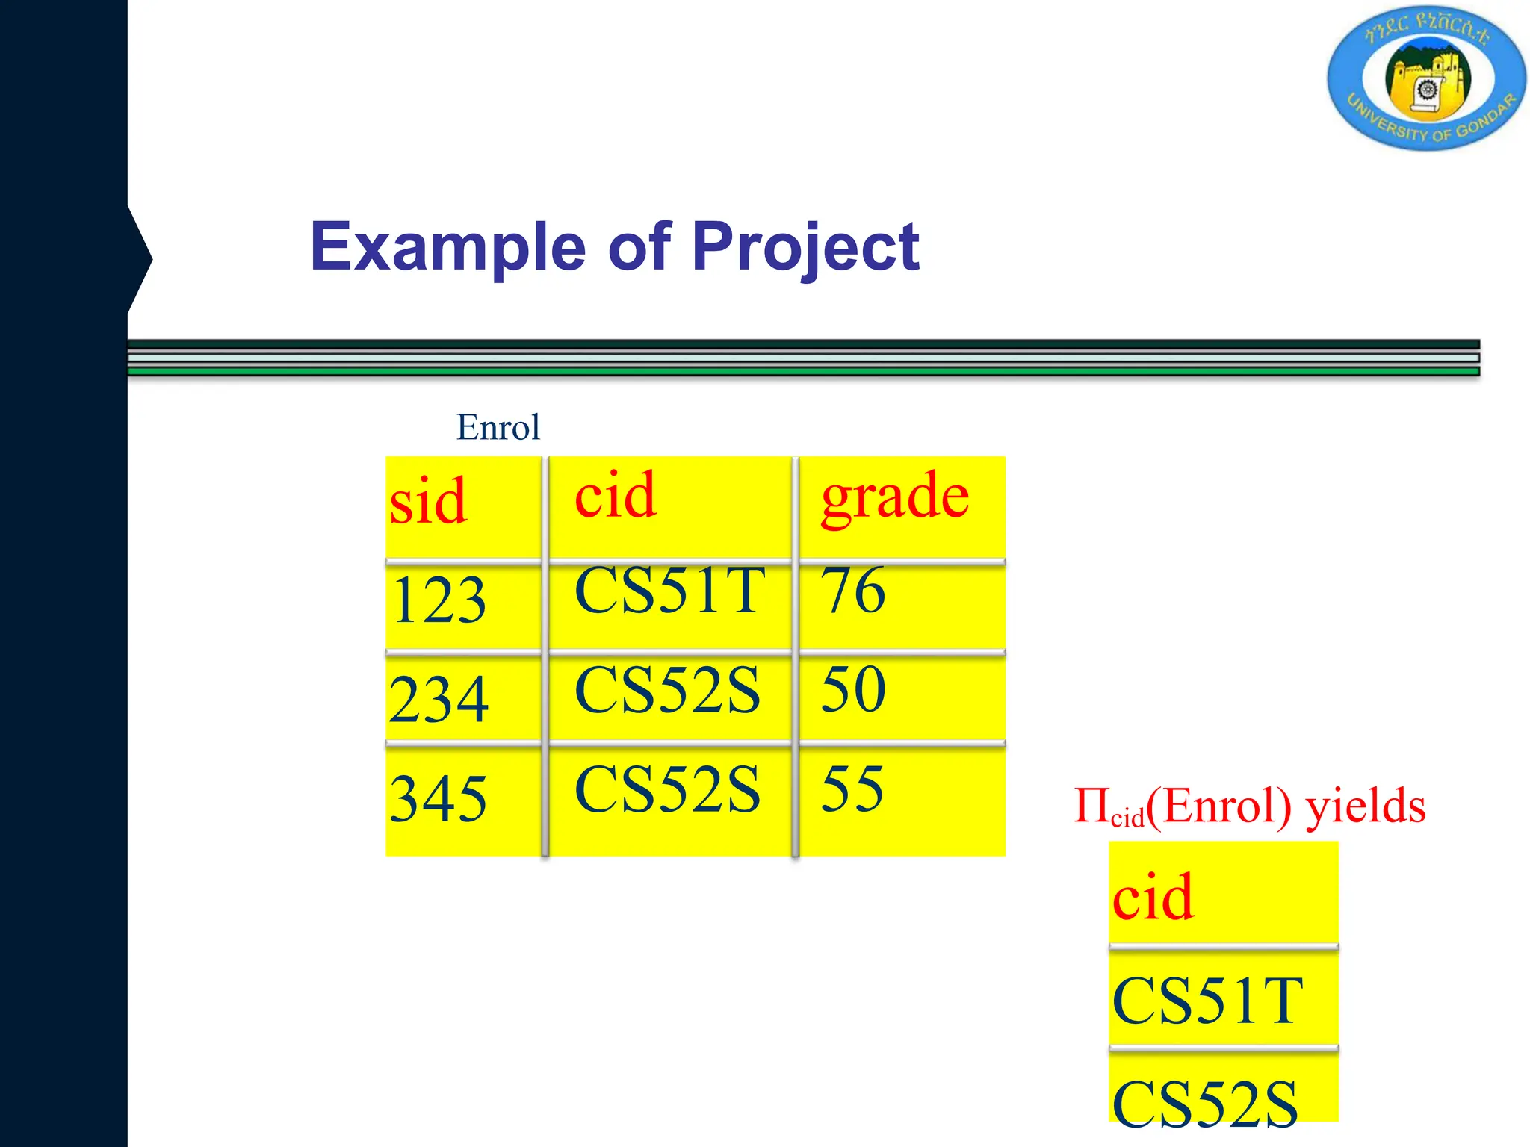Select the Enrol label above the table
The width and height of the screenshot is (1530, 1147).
[498, 428]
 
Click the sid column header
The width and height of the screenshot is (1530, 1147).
[429, 501]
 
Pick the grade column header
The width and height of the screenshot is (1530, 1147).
[895, 497]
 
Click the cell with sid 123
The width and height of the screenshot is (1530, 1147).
[439, 600]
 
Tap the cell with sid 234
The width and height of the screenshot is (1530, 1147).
[439, 699]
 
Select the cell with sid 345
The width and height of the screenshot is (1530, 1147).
[439, 798]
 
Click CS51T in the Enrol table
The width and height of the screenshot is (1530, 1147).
[670, 591]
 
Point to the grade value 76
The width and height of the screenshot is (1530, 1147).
[853, 591]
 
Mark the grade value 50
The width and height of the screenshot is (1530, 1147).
[853, 689]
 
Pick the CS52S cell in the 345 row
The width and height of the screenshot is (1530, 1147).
[668, 789]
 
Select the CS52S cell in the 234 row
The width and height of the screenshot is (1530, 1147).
[668, 690]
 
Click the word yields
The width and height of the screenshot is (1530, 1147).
[1366, 807]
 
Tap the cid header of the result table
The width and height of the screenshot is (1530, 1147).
[1153, 897]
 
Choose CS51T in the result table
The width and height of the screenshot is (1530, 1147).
[1207, 1001]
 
